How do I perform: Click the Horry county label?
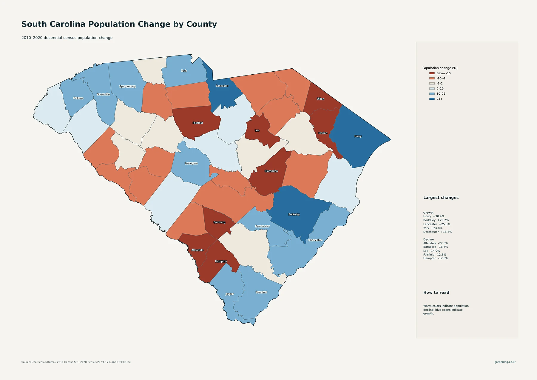coord(358,136)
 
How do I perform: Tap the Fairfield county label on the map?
coord(198,123)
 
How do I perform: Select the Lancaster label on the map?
coord(222,86)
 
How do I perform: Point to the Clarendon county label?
coord(271,171)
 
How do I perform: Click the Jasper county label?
coord(230,294)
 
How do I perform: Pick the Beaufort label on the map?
coord(261,292)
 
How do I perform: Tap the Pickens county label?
coord(78,98)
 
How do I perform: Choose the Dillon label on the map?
coord(320,99)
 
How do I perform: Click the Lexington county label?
coord(191,163)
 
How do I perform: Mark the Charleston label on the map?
coord(315,240)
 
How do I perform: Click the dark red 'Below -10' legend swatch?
coord(432,73)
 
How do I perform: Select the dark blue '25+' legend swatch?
coord(432,99)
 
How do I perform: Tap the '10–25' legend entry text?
coord(441,94)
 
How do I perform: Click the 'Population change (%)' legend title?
coord(440,68)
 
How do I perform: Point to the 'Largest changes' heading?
coord(441,198)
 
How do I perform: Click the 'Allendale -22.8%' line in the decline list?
coord(436,243)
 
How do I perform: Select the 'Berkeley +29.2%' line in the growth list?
coord(436,220)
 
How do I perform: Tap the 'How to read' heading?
coord(436,293)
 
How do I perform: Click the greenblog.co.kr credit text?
coord(505,362)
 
